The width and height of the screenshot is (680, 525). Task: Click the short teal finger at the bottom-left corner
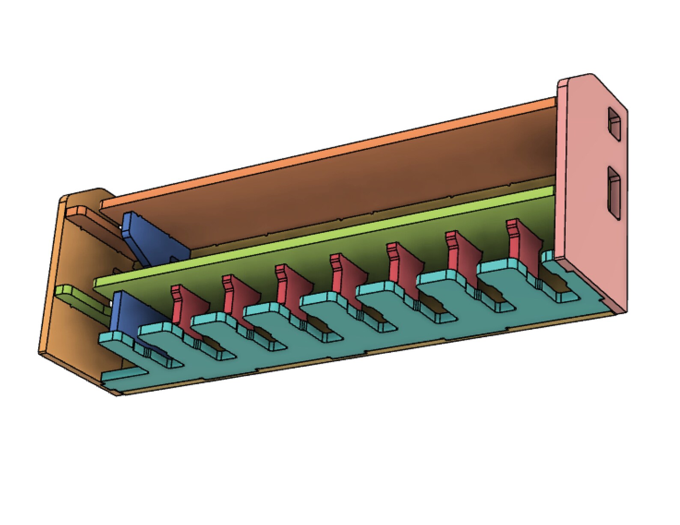coord(122,376)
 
